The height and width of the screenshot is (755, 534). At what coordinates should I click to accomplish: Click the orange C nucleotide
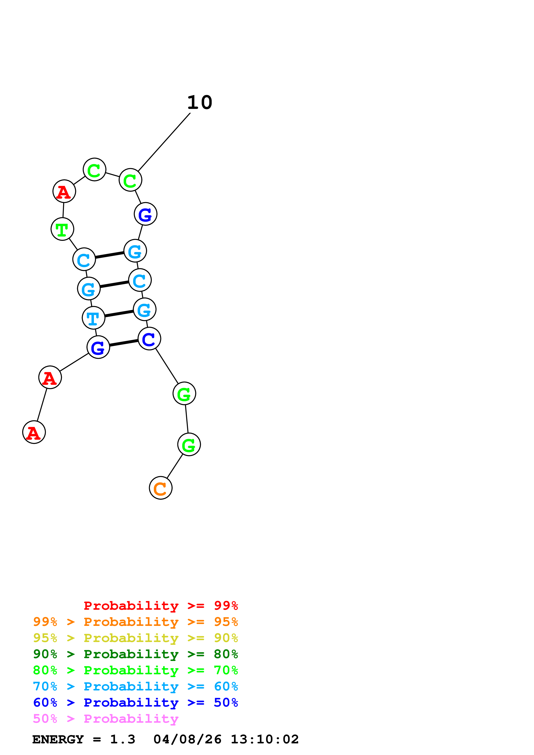(x=160, y=488)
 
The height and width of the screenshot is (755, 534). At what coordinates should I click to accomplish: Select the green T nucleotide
(x=62, y=229)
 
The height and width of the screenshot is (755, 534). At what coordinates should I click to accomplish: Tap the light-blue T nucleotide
(x=93, y=318)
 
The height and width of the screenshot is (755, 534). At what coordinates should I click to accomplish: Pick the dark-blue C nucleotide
(x=149, y=339)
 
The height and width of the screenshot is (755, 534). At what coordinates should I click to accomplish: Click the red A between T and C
(x=64, y=191)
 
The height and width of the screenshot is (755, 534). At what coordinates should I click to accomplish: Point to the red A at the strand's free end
(x=34, y=432)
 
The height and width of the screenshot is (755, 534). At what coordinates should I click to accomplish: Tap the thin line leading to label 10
(x=164, y=142)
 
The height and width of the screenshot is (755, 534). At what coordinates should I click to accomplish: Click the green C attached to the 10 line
(x=130, y=180)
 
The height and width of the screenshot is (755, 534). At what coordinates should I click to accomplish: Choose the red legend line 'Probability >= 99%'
(x=161, y=606)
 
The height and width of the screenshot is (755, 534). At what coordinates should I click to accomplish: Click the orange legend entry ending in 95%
(x=135, y=622)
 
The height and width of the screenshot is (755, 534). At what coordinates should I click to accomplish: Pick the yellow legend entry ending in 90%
(x=135, y=638)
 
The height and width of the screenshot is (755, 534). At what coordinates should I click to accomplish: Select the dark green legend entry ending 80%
(x=135, y=654)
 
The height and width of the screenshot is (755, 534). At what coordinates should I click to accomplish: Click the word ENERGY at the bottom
(x=58, y=740)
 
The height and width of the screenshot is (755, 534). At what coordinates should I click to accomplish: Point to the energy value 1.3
(x=122, y=740)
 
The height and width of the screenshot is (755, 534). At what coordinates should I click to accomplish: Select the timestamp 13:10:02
(x=265, y=740)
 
